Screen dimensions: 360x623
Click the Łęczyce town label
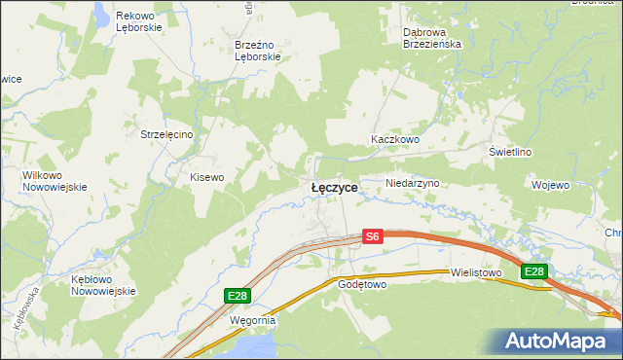[x=334, y=187]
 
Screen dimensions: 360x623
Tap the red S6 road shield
[x=373, y=236]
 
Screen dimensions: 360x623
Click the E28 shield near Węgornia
[x=236, y=295]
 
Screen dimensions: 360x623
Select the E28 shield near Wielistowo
[x=532, y=271]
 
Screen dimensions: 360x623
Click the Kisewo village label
[x=207, y=177]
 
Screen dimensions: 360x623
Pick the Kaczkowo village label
[x=394, y=140]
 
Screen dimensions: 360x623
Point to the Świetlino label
[x=510, y=152]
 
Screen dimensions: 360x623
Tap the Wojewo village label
[x=550, y=184]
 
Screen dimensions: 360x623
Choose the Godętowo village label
[x=362, y=285]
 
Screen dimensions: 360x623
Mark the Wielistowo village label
[x=475, y=273]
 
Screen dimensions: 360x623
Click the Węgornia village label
[x=253, y=319]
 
